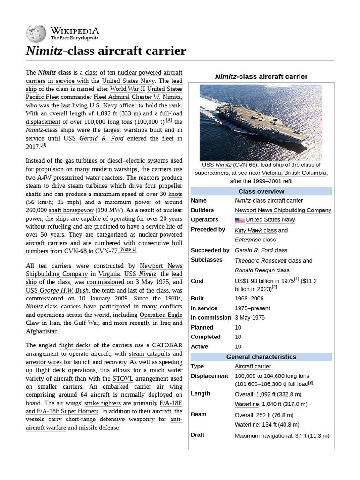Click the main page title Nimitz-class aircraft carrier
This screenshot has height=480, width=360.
106,51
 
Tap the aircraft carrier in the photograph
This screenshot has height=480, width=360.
262,127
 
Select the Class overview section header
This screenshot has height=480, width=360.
261,191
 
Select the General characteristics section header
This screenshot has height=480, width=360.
261,357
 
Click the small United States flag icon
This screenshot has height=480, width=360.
240,220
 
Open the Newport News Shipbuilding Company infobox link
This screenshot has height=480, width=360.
283,210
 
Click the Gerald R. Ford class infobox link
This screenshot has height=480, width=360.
261,250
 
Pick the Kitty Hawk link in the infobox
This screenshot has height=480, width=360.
248,230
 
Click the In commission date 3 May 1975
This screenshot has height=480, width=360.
250,317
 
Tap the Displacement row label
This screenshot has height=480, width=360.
209,376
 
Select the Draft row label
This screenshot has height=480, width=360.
198,435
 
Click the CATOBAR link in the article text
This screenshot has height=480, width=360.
167,345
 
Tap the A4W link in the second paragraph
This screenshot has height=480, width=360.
45,178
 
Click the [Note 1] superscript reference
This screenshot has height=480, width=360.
127,249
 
